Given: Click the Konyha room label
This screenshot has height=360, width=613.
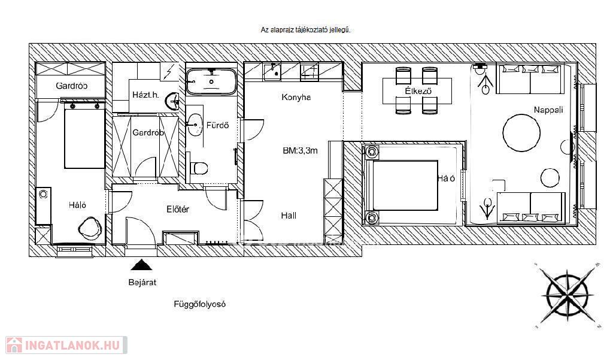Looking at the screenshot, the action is click(296, 97).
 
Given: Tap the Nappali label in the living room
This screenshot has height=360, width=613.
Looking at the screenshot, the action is click(548, 110).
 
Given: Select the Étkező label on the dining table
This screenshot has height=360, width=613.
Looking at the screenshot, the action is click(418, 91).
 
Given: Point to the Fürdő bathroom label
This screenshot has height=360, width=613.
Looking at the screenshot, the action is click(217, 126).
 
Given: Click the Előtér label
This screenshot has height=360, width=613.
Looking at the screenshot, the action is click(178, 209).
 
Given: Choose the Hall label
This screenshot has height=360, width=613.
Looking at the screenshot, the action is click(289, 215).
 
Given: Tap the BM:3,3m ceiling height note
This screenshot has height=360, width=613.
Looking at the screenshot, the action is click(301, 151).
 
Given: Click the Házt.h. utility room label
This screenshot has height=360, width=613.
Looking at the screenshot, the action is click(145, 95).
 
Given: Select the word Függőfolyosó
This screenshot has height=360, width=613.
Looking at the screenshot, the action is click(200, 304).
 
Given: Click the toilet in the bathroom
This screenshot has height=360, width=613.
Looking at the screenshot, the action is click(199, 168).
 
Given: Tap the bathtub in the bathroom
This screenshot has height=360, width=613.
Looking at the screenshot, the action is click(211, 81).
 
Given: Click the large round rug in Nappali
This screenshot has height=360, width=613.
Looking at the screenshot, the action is click(521, 133).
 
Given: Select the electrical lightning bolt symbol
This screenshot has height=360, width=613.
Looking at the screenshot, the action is click(169, 72).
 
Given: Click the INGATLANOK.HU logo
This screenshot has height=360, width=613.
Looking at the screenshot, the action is click(66, 345).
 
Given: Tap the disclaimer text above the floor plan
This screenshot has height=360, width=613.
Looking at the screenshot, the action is click(305, 30).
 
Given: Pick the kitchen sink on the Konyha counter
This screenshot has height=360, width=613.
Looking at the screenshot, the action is click(272, 71).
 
